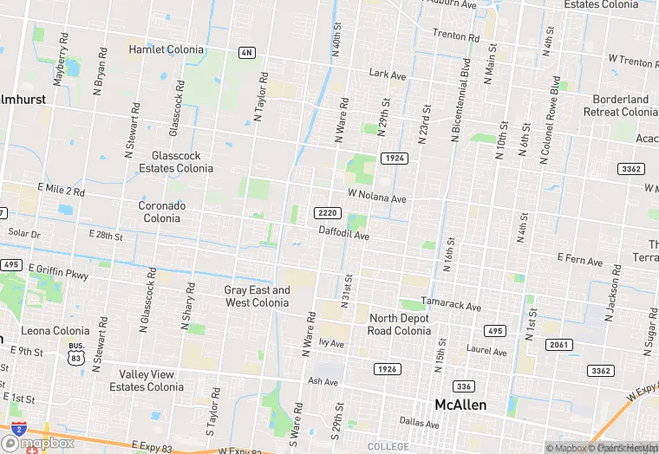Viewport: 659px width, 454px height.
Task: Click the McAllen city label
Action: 460,405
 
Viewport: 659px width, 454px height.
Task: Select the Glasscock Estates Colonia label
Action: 176,161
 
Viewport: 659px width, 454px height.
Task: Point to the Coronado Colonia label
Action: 162,212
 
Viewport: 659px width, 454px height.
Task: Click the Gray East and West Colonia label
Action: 258,296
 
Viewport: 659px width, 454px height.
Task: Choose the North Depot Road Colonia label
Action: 400,324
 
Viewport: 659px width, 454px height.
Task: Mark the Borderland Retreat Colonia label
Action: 621,106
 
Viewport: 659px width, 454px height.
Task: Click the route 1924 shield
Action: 394,158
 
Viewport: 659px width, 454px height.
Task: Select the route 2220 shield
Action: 328,213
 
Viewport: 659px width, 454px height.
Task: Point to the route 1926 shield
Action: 388,369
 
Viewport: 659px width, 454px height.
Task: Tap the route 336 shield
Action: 464,386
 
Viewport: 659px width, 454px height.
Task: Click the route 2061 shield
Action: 558,345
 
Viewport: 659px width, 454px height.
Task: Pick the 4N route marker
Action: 247,53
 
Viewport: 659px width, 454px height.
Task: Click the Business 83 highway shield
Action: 75,352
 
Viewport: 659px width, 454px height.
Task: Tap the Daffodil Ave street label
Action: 343,235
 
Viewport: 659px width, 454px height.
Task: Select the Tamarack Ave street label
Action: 451,306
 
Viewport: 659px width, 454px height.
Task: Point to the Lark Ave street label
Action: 388,75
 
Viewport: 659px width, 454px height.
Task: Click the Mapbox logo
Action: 43,443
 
